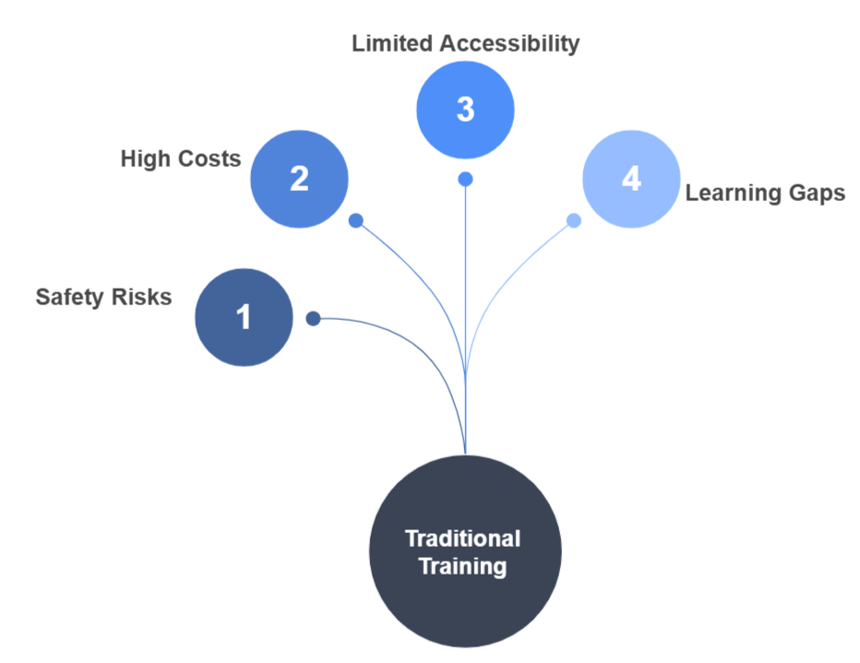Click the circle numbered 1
pyautogui.click(x=244, y=318)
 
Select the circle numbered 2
pyautogui.click(x=299, y=179)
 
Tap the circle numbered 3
pyautogui.click(x=465, y=110)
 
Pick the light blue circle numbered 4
pyautogui.click(x=631, y=179)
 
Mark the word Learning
pyautogui.click(x=728, y=194)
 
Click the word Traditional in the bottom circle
pyautogui.click(x=463, y=539)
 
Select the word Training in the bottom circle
pyautogui.click(x=463, y=565)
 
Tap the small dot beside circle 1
pyautogui.click(x=313, y=318)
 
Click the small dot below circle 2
pyautogui.click(x=355, y=220)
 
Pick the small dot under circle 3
pyautogui.click(x=465, y=178)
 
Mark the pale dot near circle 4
pyautogui.click(x=574, y=220)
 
